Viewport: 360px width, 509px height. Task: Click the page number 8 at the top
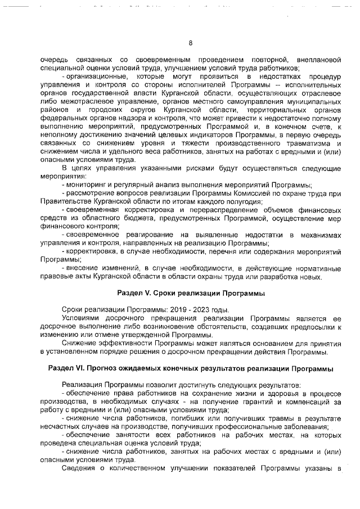coord(190,43)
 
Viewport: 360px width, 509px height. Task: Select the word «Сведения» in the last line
coord(78,469)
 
